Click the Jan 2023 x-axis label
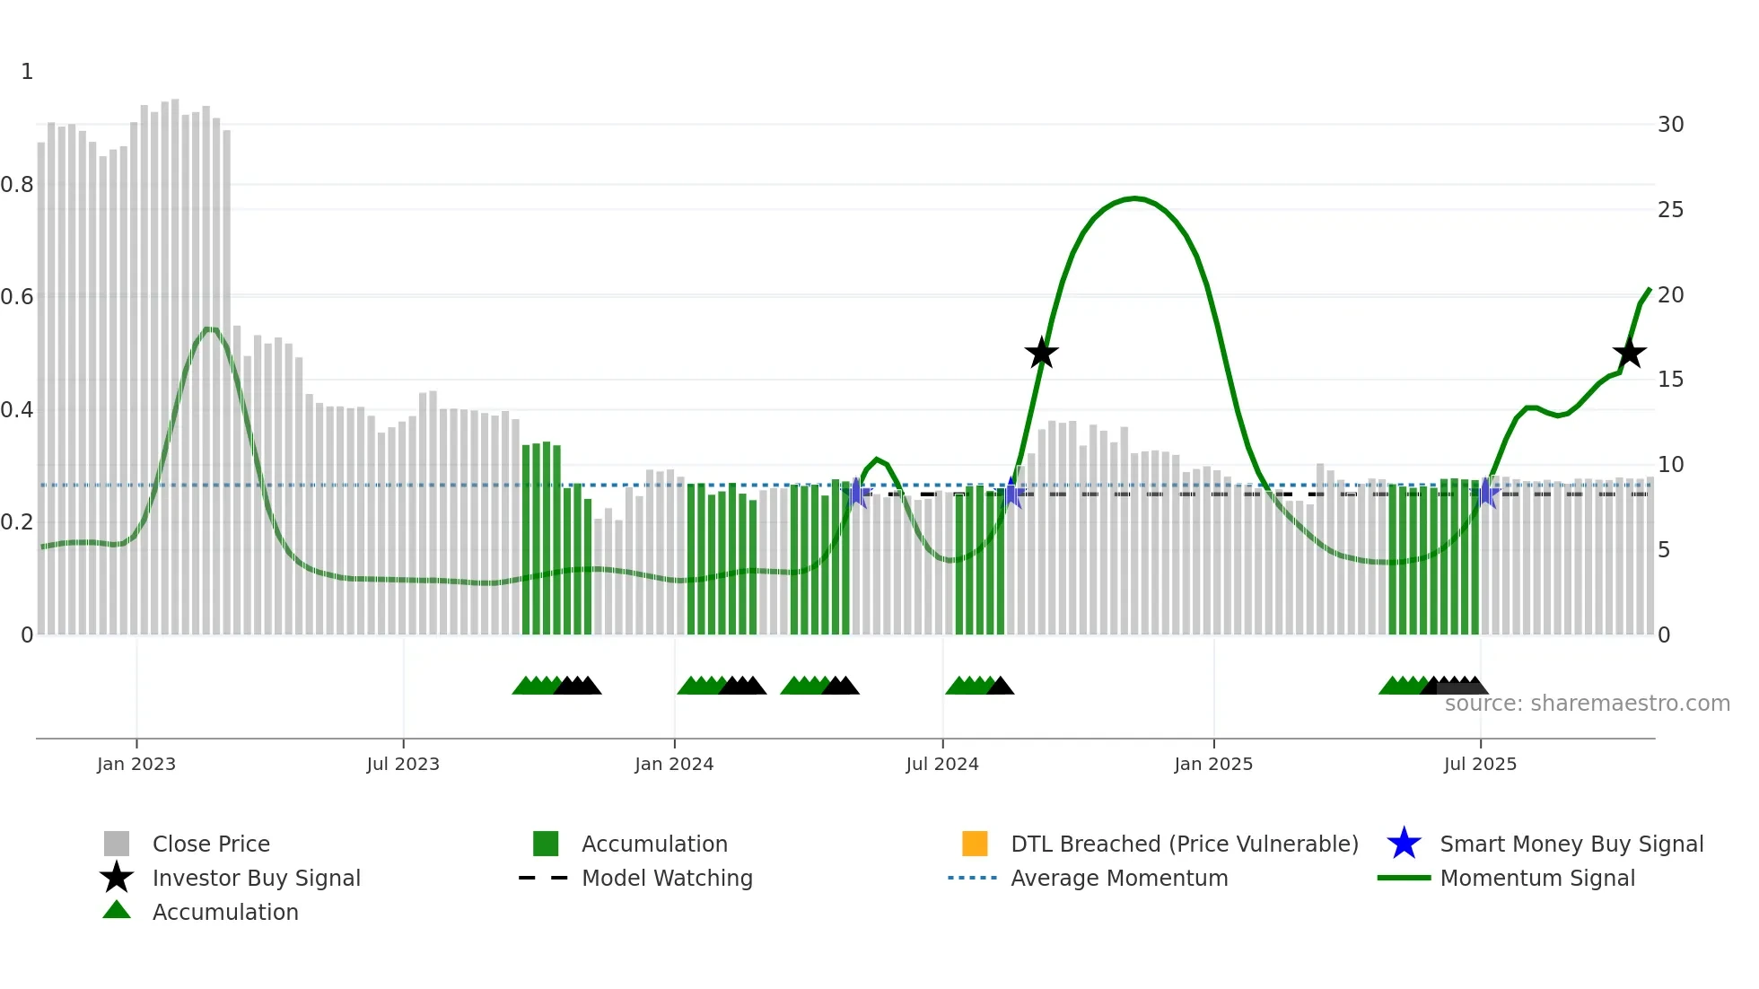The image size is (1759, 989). click(x=136, y=764)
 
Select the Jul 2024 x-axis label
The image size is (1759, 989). click(x=942, y=764)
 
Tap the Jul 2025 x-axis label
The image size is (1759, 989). click(x=1480, y=764)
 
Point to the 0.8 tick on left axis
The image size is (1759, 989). click(x=17, y=185)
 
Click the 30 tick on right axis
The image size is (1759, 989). click(x=1670, y=125)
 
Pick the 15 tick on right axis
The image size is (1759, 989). click(x=1670, y=380)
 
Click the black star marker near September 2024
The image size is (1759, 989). click(x=1041, y=354)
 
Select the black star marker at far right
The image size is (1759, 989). click(x=1629, y=354)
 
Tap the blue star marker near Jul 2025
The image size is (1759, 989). click(x=1487, y=493)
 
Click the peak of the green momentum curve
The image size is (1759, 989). click(x=1135, y=198)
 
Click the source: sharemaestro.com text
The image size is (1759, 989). click(x=1587, y=704)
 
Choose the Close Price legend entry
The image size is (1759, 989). click(x=211, y=844)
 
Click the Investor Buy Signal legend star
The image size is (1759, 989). click(x=117, y=878)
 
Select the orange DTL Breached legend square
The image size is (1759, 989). click(x=975, y=844)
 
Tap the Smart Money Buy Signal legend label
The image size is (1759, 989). click(x=1571, y=844)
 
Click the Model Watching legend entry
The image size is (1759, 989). click(x=667, y=878)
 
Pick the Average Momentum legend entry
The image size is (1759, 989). click(x=1119, y=878)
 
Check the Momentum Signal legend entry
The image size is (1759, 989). click(x=1537, y=878)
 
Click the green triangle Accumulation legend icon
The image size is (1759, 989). click(x=117, y=911)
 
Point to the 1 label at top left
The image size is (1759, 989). click(x=27, y=72)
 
